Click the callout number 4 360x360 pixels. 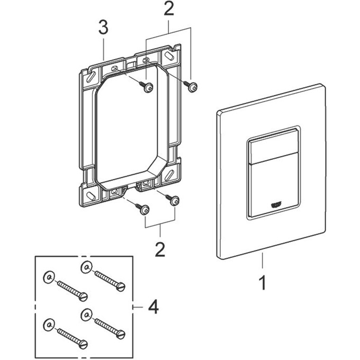(x=152, y=306)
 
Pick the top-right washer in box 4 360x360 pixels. (x=85, y=266)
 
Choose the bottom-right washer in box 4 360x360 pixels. (x=85, y=314)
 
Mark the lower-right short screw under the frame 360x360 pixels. (x=175, y=200)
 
